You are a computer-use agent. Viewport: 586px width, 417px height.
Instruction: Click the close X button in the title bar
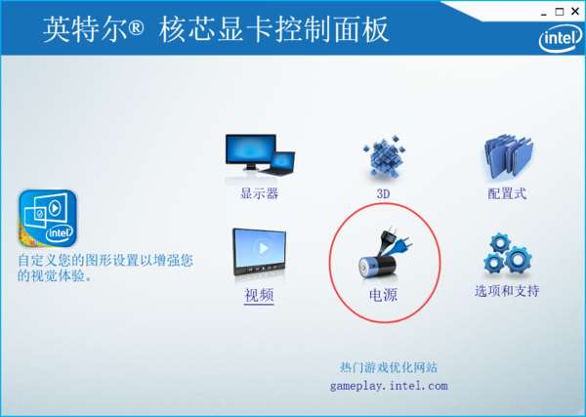575,12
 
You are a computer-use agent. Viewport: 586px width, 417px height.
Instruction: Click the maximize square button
560,12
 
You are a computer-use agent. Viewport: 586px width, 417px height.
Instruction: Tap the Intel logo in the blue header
561,38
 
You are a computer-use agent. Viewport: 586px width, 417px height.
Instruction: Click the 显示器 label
260,193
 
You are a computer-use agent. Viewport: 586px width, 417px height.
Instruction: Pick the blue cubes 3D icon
384,156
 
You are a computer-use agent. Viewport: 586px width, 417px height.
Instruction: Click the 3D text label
383,194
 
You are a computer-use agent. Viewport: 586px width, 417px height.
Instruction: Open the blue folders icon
509,156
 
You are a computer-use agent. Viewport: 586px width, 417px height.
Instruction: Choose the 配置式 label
507,193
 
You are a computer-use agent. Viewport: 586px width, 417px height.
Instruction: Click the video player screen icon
260,252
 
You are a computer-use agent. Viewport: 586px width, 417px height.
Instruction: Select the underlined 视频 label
259,295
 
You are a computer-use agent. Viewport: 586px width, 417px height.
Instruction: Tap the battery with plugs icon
384,253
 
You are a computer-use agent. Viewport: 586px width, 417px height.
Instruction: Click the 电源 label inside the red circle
383,295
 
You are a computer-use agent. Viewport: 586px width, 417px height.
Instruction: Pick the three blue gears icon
508,254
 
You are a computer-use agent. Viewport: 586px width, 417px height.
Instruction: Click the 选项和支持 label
507,291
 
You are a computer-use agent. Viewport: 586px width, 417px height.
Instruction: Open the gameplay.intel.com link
389,386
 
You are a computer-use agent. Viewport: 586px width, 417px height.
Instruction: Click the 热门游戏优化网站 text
389,367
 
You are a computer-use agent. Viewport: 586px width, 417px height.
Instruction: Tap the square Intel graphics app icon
48,218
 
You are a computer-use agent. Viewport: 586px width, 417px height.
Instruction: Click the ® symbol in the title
136,27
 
